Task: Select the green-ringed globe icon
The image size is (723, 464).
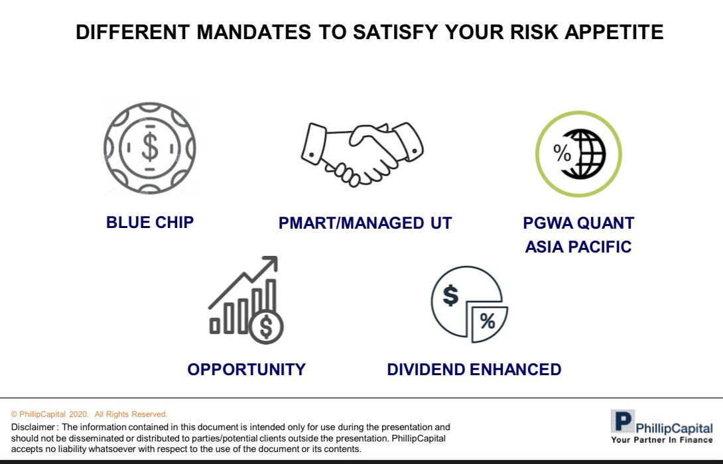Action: pos(578,154)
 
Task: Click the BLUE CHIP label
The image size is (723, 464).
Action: pos(150,222)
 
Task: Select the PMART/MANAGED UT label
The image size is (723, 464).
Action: pos(365,223)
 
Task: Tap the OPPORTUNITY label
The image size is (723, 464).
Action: pos(246,369)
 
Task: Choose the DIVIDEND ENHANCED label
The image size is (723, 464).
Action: pos(474,369)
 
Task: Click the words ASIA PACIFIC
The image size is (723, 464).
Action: pos(578,247)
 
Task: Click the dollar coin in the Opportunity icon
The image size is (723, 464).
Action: pos(266,326)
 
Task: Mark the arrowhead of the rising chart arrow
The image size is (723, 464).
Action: pos(270,263)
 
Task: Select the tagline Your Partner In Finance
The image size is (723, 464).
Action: pos(661,439)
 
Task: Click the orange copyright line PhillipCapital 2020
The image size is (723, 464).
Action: pos(90,414)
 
